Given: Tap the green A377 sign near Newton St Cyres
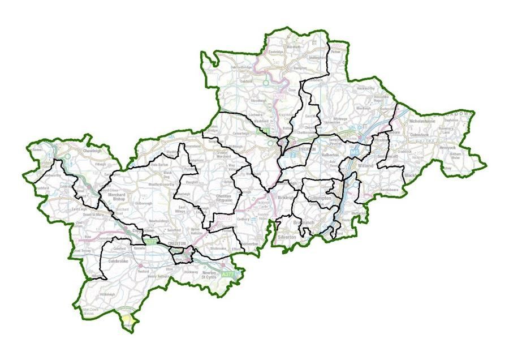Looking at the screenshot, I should (x=227, y=274).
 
